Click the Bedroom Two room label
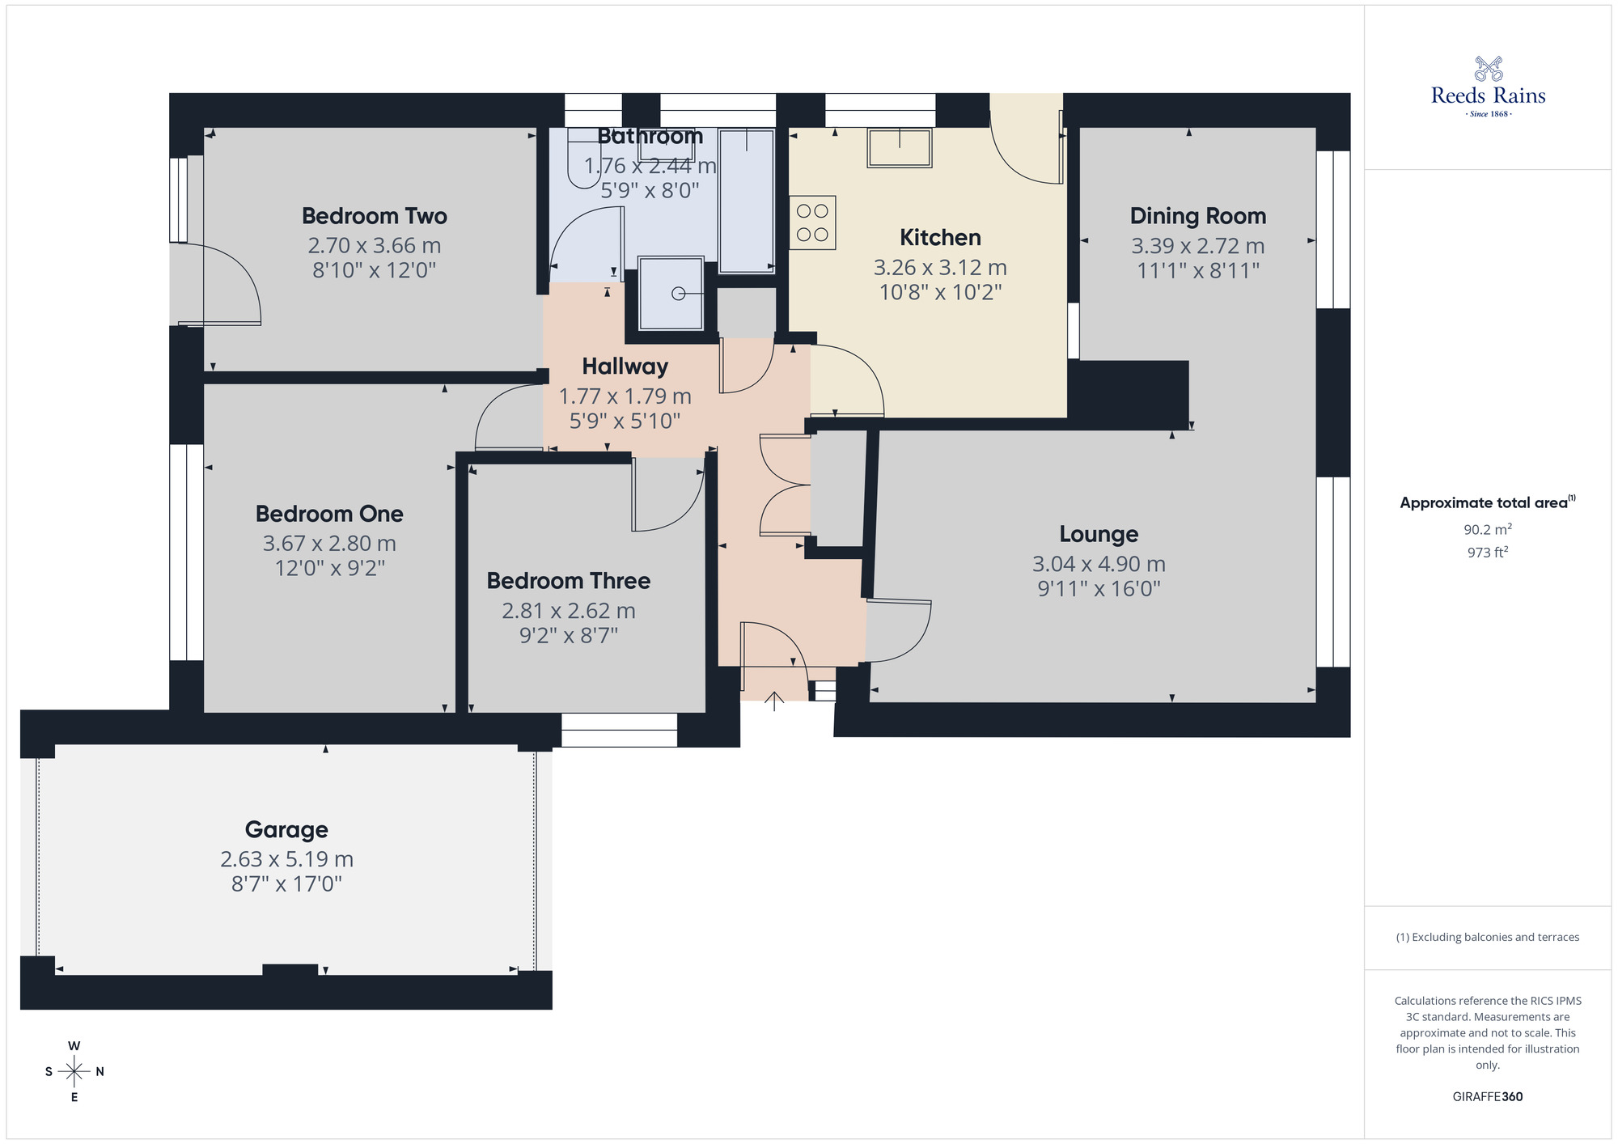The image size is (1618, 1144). (374, 216)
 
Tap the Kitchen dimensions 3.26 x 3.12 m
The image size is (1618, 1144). (940, 267)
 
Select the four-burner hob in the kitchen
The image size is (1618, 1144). (812, 222)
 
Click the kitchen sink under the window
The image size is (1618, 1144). (899, 147)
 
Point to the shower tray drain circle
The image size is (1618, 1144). (679, 294)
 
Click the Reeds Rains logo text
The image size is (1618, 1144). (1488, 95)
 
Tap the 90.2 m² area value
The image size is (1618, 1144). (1487, 530)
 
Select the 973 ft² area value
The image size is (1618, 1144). (1487, 553)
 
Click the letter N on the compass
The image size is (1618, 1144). (100, 1072)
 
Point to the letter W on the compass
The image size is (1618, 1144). (74, 1046)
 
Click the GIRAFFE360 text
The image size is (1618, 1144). (1487, 1097)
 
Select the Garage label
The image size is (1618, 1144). (286, 829)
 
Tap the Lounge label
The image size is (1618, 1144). (1099, 534)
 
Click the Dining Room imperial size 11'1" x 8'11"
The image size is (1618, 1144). (1198, 270)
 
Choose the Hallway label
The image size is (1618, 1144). (625, 367)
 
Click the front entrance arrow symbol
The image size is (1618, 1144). (774, 701)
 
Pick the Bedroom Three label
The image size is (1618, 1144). (568, 581)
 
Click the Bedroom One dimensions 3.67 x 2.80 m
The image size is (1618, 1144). (329, 544)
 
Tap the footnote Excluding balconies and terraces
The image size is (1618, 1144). (1487, 937)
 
